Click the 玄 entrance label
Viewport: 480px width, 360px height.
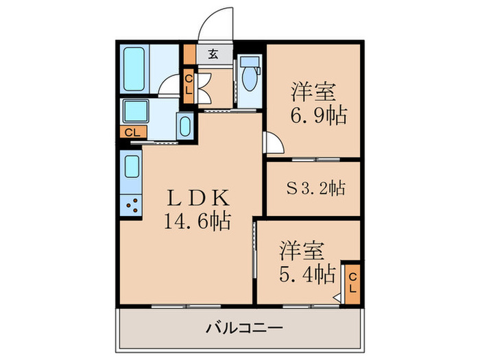213,54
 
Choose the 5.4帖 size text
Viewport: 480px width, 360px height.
306,275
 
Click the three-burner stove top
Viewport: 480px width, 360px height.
132,204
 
